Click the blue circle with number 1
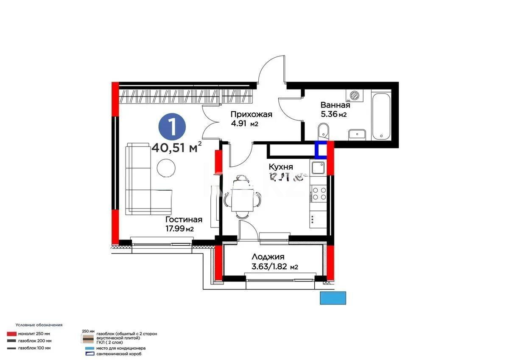tap(172, 127)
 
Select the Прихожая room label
tap(251, 114)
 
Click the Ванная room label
tap(335, 105)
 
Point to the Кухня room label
tap(281, 167)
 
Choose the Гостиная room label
tap(183, 219)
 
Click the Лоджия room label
tap(268, 257)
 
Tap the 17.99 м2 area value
tap(179, 229)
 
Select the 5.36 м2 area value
tap(333, 114)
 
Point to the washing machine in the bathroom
tap(355, 95)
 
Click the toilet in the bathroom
tap(322, 130)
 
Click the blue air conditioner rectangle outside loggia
tap(333, 298)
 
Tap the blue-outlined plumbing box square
tap(321, 149)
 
